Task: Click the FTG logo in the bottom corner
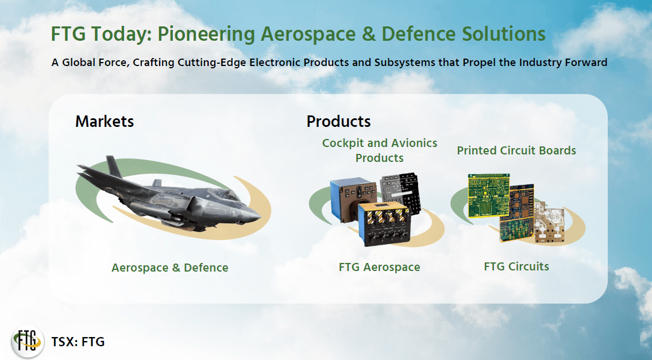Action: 27,341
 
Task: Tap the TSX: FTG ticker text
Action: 78,342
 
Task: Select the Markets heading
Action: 105,122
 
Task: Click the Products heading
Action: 338,122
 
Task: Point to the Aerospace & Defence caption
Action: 169,268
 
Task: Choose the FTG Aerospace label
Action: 379,267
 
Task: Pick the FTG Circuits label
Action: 516,266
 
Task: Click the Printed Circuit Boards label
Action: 516,150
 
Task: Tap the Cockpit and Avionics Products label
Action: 379,150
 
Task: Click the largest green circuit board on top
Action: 488,196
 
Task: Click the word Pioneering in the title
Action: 206,34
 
